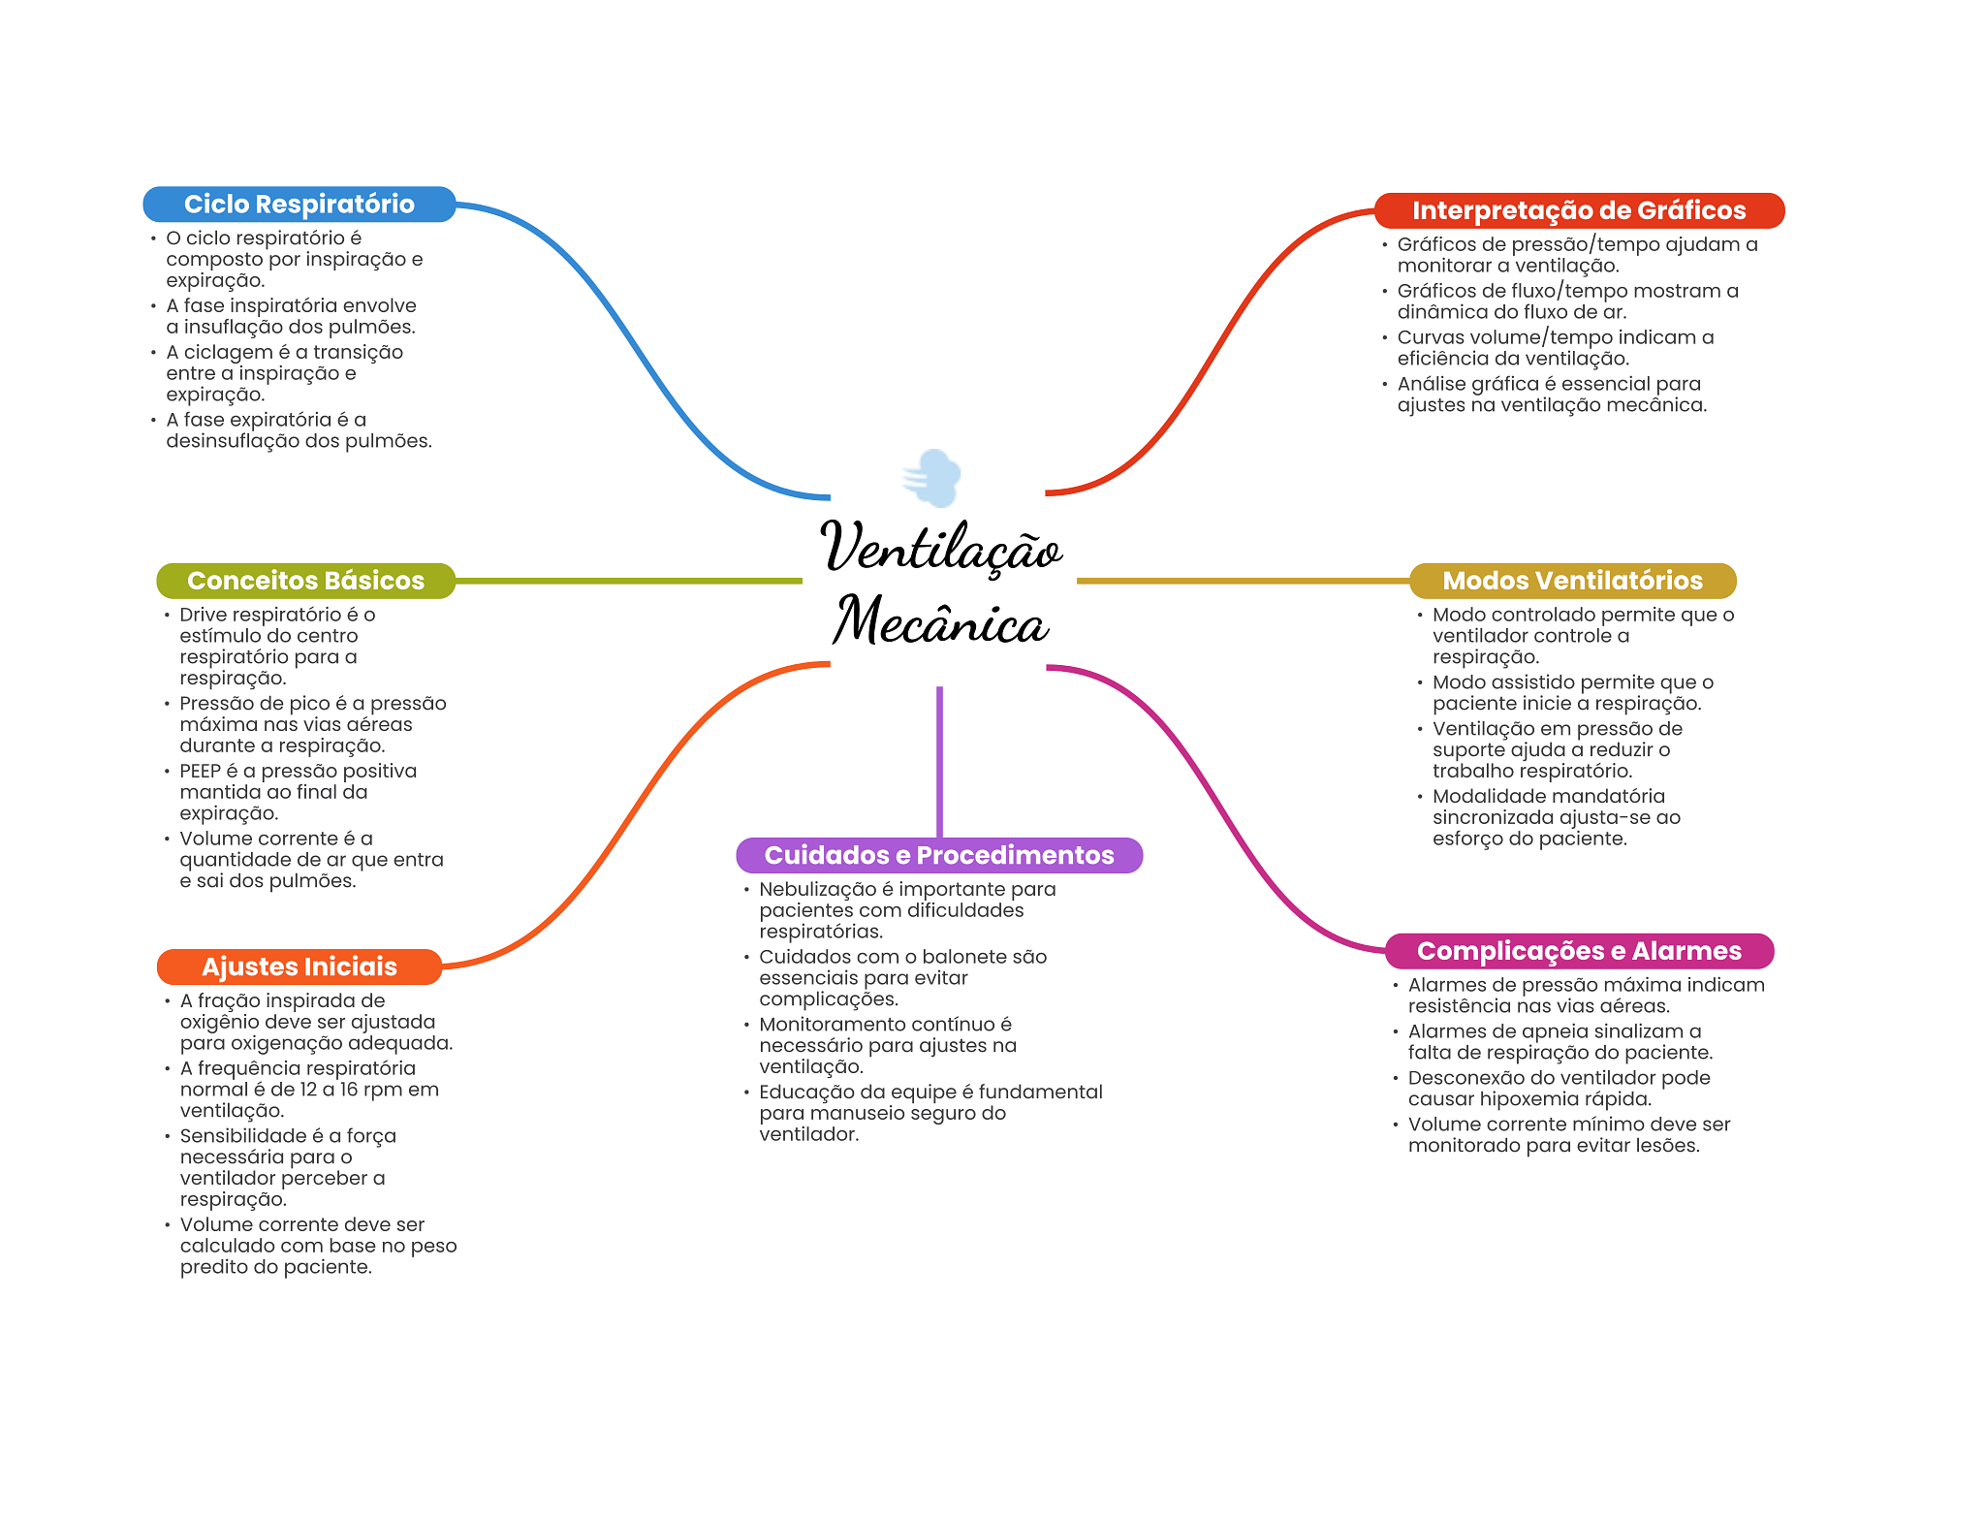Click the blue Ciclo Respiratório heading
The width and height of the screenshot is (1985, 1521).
pos(299,205)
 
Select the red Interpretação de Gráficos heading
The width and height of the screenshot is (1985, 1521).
pos(1578,210)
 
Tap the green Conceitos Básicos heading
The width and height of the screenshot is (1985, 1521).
pos(305,581)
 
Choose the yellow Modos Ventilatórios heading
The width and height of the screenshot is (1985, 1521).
pos(1572,581)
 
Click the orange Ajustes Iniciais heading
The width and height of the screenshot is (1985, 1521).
pos(299,966)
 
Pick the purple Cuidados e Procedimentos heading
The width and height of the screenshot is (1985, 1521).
pos(938,855)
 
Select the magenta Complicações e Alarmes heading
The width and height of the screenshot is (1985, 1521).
pos(1578,951)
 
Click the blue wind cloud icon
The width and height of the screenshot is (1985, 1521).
pos(932,478)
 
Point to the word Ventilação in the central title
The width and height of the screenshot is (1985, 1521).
pos(940,548)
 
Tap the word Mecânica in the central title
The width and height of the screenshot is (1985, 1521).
pos(940,621)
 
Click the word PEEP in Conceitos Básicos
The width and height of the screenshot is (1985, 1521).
pos(200,772)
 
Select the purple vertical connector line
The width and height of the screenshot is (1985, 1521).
pos(939,761)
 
